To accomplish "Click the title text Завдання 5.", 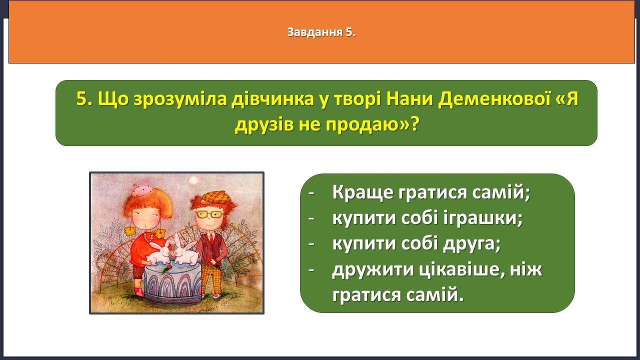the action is (x=321, y=32).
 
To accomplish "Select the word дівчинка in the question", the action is (x=272, y=99).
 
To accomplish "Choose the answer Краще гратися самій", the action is (x=431, y=192).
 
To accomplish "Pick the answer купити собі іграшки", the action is (x=427, y=218).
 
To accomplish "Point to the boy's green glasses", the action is (x=209, y=214).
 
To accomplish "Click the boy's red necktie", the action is (x=211, y=237).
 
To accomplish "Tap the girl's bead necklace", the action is (x=148, y=236).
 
